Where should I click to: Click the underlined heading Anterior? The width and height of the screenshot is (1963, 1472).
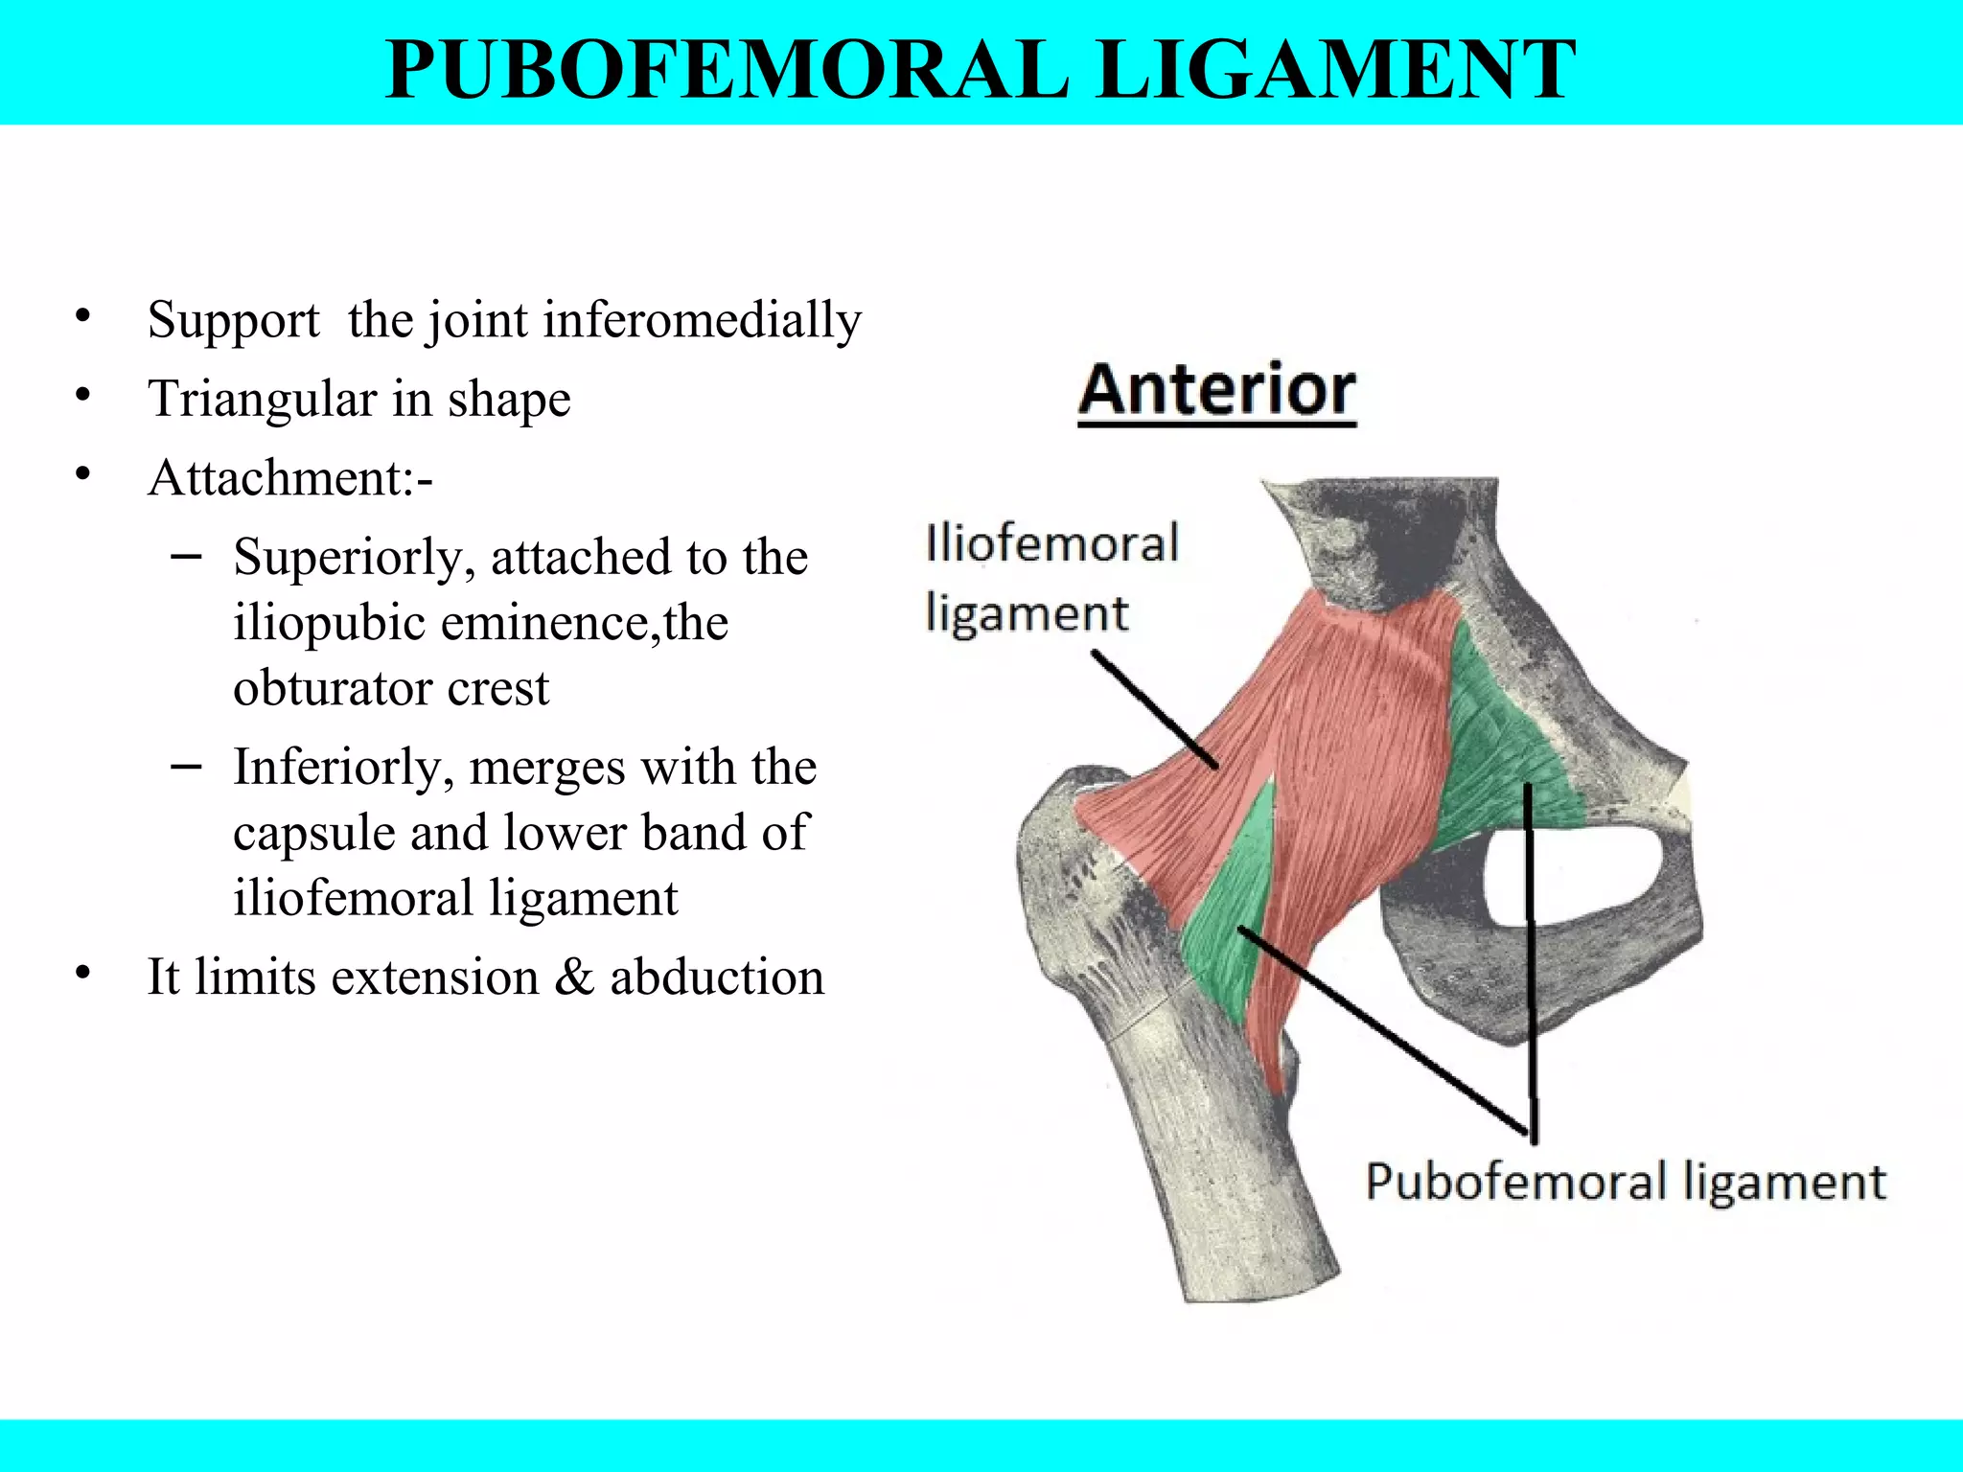pos(1216,390)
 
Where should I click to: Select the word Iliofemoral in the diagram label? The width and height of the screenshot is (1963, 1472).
pos(1051,544)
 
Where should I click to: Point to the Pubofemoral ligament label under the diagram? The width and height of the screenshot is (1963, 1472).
pos(1626,1182)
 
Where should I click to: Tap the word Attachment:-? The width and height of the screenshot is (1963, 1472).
pos(290,477)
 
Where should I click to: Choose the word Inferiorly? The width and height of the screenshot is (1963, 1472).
pos(344,768)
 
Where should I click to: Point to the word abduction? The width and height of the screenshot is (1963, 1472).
pos(717,977)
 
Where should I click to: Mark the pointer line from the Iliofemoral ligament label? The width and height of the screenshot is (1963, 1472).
pos(1155,709)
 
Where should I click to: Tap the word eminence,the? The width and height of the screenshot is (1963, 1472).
pos(584,623)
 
